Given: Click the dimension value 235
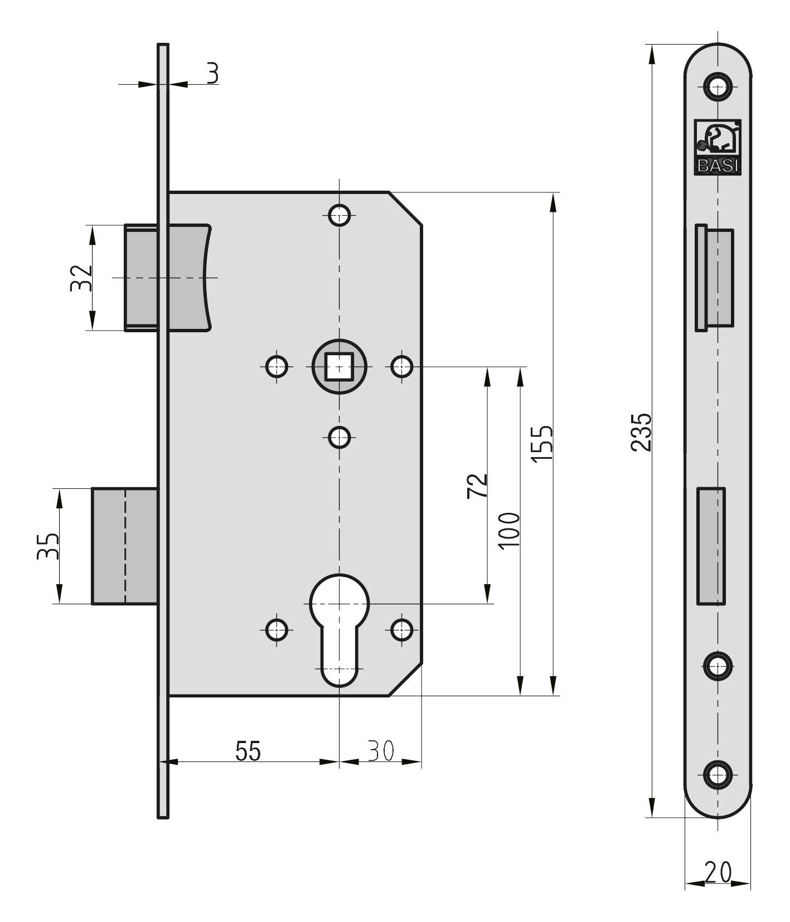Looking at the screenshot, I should [641, 431].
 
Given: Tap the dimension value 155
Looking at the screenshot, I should [541, 443].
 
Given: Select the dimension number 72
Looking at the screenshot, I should [477, 486].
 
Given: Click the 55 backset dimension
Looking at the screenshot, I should [248, 751].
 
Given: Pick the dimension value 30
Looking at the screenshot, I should [381, 751].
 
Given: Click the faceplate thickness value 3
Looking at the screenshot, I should [212, 73].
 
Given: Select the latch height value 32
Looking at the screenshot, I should [81, 278].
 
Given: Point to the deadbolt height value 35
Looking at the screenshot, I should [48, 546].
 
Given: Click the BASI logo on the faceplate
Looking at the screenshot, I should [717, 147].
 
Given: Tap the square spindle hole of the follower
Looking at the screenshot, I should [339, 367].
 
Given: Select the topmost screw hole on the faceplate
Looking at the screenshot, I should [718, 86].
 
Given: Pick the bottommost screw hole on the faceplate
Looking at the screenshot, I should [718, 775].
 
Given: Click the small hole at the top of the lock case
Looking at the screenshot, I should [339, 214].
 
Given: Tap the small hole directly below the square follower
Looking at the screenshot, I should [339, 437].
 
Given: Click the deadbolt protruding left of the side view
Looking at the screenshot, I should [124, 546].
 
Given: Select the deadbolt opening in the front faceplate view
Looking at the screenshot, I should [711, 546].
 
